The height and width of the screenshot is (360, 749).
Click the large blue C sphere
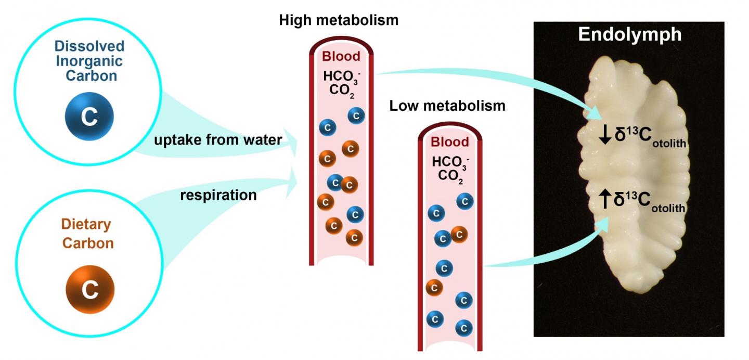click(x=89, y=118)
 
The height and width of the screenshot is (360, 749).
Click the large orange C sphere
click(x=90, y=289)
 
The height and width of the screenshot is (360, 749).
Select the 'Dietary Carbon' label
click(x=87, y=234)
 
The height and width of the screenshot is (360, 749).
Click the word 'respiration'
click(x=218, y=195)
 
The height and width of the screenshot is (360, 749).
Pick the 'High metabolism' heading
click(x=339, y=20)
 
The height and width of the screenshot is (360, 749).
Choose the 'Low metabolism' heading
click(x=447, y=106)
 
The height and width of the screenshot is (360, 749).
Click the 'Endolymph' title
click(x=630, y=35)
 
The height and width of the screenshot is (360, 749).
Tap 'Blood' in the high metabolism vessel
click(x=341, y=57)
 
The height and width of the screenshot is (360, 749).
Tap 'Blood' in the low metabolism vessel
click(x=450, y=142)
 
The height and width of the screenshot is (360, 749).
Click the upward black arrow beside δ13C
click(x=605, y=200)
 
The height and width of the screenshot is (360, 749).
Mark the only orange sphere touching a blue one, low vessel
click(x=459, y=235)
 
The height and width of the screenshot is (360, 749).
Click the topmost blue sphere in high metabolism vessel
click(x=356, y=115)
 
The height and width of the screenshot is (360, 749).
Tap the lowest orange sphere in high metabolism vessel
click(x=354, y=237)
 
